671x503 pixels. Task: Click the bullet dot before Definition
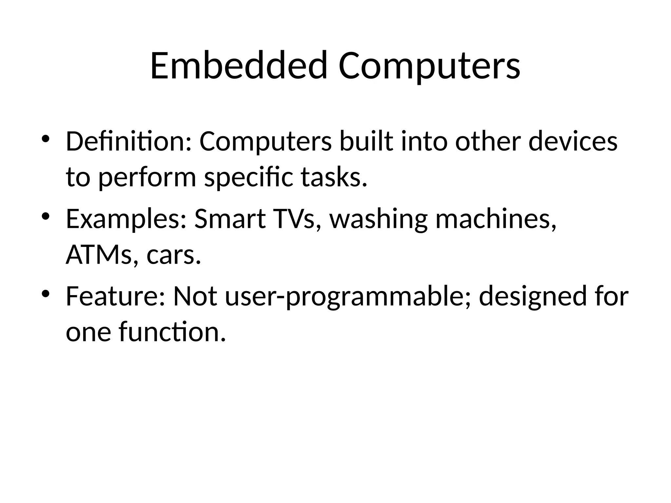pos(45,139)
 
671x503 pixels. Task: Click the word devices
pos(573,141)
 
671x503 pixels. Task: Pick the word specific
pos(248,177)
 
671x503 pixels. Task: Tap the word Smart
pos(230,219)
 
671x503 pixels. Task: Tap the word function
pos(172,332)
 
